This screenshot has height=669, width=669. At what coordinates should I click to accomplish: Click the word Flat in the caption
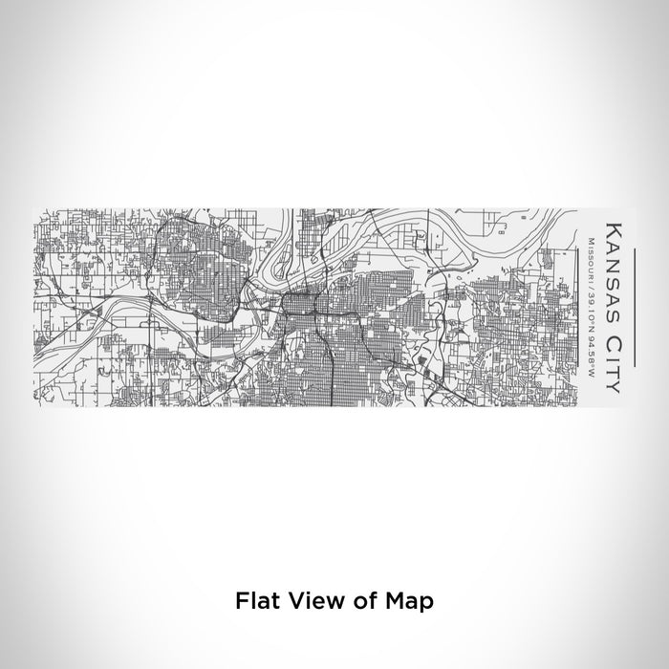click(255, 628)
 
